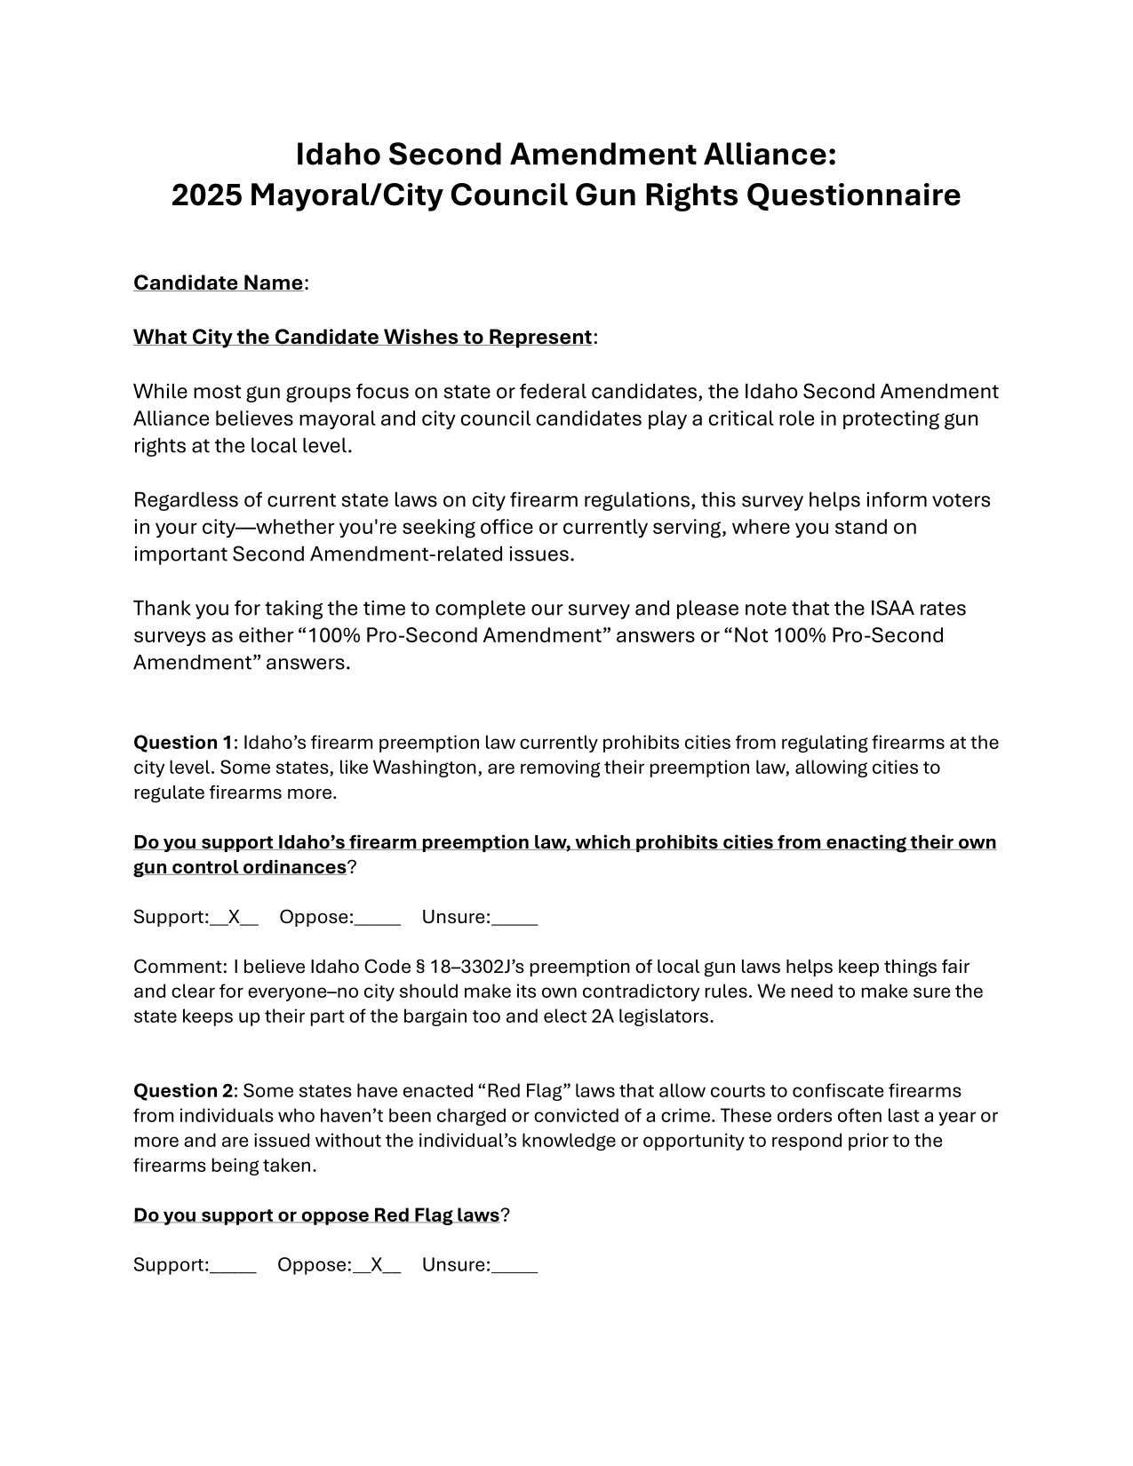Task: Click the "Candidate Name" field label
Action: (218, 283)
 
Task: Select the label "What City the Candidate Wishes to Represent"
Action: (363, 337)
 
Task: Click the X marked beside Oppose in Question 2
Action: (377, 1264)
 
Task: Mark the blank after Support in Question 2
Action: (234, 1266)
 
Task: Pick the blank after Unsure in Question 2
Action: (515, 1266)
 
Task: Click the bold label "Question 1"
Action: (182, 742)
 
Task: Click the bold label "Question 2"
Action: (183, 1090)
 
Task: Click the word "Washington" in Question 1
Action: (425, 767)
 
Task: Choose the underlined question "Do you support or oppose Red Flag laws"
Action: (316, 1215)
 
